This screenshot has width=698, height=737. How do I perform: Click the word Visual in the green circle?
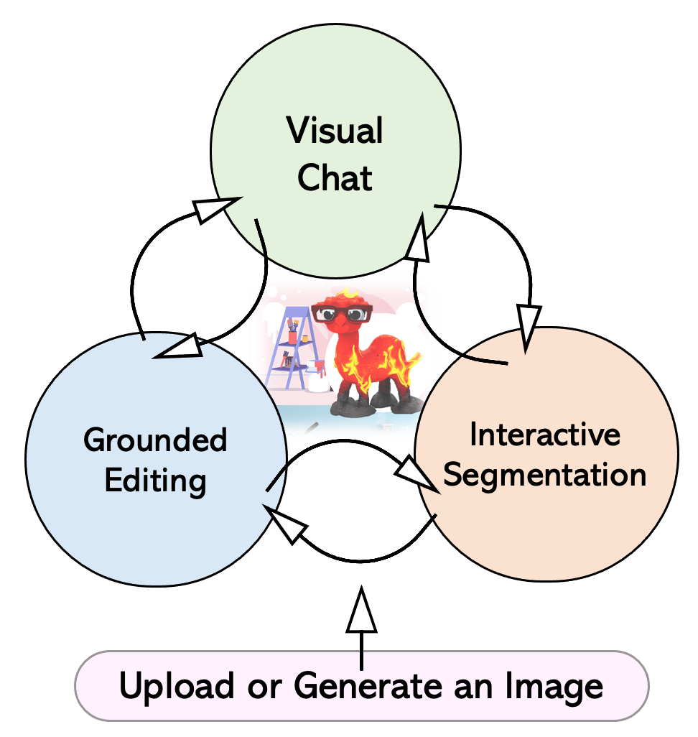335,131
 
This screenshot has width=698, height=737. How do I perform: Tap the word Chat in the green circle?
335,177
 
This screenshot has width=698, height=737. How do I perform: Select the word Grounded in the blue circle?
155,440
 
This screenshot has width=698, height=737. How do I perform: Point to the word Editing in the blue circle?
156,480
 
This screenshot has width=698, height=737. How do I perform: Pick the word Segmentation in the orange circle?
545,475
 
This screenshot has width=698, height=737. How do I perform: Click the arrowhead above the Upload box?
361,610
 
